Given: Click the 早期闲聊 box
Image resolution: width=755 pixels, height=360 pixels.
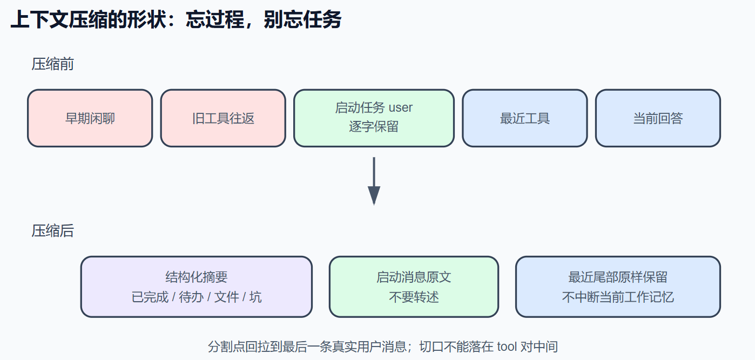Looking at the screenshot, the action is [x=90, y=118].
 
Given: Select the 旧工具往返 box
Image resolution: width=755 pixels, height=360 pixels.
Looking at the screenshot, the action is [x=223, y=118].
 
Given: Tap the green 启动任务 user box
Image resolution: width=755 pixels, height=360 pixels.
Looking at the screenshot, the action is [x=374, y=118].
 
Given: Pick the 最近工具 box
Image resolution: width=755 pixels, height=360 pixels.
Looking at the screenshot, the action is [x=525, y=118].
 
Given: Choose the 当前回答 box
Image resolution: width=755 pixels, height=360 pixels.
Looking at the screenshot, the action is [x=658, y=118].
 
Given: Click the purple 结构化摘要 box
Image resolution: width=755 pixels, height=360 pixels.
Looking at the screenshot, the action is [x=197, y=287].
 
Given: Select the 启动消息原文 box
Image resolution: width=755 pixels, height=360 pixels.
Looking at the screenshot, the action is [x=414, y=287].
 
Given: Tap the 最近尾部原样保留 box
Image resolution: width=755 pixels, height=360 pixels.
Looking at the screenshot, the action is [x=618, y=287].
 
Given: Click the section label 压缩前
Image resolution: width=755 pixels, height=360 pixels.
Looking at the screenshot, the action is [x=52, y=64].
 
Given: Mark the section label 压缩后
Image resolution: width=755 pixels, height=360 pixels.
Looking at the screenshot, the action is [x=52, y=231].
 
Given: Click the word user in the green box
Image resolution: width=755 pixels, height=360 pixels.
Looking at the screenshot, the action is [x=400, y=108].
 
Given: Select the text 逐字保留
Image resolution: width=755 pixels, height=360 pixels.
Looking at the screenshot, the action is [x=374, y=127].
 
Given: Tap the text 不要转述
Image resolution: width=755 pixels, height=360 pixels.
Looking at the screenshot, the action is [x=414, y=297].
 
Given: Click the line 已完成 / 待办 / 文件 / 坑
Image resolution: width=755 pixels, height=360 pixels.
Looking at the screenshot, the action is [x=197, y=297].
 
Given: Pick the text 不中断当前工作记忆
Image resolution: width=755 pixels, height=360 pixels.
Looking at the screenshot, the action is [x=618, y=297].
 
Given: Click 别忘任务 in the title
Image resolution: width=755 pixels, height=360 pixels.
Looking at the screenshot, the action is [x=302, y=19].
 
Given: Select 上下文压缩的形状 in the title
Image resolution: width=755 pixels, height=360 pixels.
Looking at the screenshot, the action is [x=89, y=19].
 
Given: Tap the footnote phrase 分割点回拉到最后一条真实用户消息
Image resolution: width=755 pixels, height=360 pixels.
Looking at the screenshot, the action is [x=307, y=347].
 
